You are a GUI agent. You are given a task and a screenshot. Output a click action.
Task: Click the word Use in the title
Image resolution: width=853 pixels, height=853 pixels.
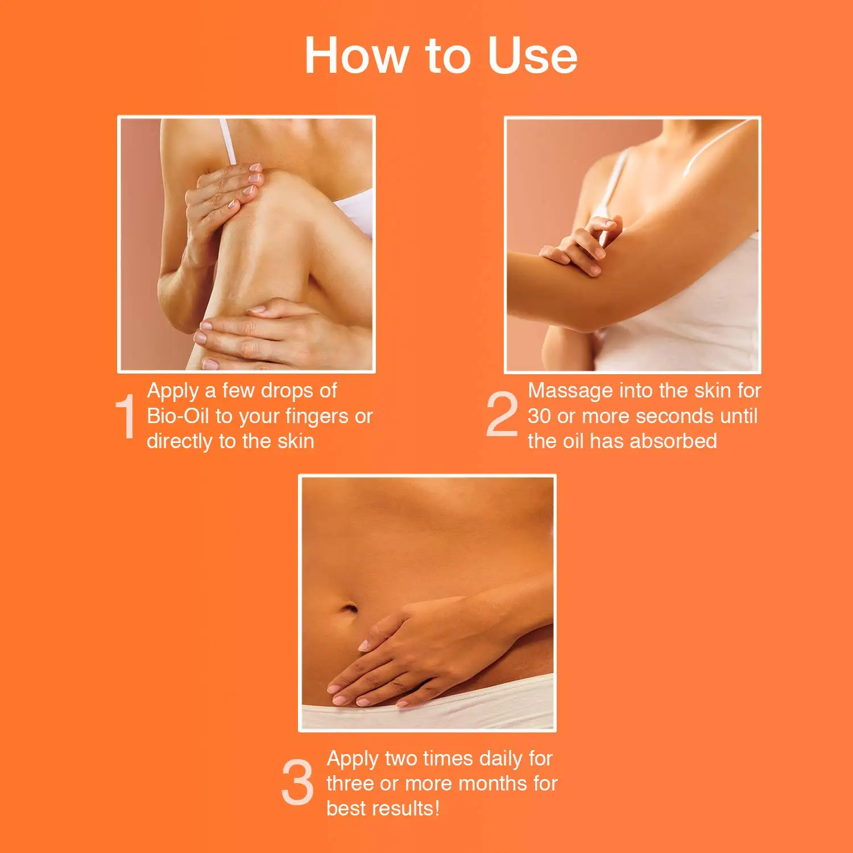[x=532, y=56]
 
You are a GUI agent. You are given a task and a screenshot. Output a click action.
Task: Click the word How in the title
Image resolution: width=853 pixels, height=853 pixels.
[x=357, y=56]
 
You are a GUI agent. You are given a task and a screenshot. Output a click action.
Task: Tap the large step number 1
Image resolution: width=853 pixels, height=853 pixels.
[x=126, y=417]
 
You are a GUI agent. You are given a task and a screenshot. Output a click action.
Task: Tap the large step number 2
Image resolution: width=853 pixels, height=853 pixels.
[x=502, y=416]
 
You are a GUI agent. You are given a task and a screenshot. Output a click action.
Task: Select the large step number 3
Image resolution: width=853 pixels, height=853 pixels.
[x=297, y=783]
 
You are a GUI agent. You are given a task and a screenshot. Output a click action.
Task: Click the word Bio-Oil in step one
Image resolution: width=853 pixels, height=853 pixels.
[x=178, y=416]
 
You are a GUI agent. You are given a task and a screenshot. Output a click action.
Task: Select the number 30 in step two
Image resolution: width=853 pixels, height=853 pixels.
[x=539, y=416]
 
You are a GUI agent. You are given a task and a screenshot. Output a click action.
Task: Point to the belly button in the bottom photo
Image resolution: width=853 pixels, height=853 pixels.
[x=349, y=609]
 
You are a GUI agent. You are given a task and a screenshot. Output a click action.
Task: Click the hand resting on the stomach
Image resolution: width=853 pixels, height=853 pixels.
[x=409, y=654]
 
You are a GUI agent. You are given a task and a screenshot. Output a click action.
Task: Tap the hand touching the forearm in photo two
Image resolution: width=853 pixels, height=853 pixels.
[x=580, y=247]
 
